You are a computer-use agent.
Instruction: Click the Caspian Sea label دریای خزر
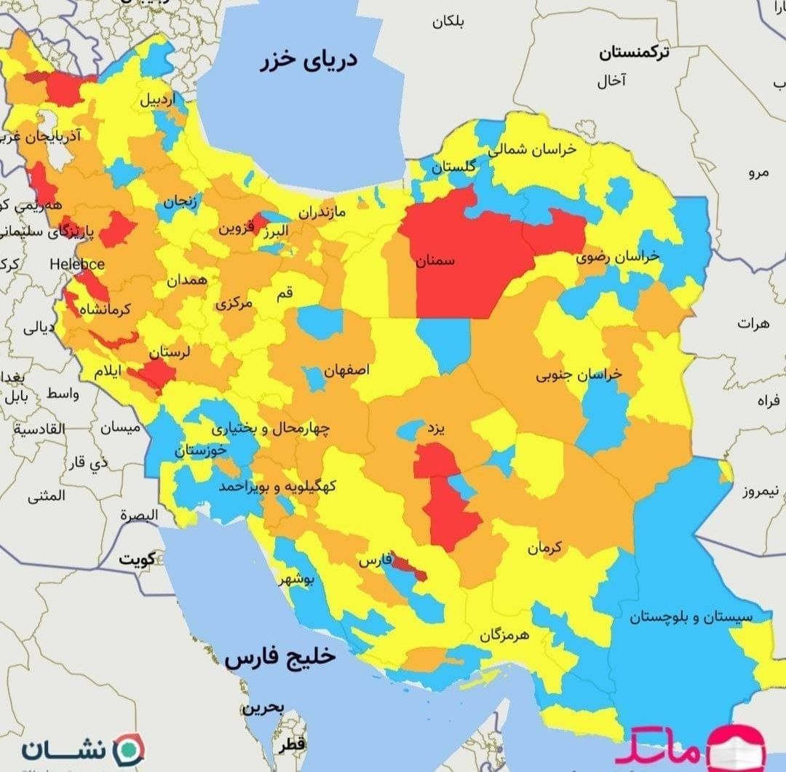(x=309, y=60)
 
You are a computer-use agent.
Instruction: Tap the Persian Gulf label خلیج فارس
(x=279, y=657)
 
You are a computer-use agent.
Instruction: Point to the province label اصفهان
(x=346, y=370)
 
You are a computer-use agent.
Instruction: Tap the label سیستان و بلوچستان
(x=691, y=617)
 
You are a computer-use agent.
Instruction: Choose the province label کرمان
(x=545, y=547)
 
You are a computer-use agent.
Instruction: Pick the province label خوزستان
(x=200, y=451)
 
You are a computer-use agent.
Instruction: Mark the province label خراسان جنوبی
(x=579, y=375)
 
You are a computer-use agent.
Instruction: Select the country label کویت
(x=138, y=560)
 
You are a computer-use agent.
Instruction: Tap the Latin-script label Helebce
(x=77, y=264)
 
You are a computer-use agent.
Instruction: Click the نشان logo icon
(x=132, y=749)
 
